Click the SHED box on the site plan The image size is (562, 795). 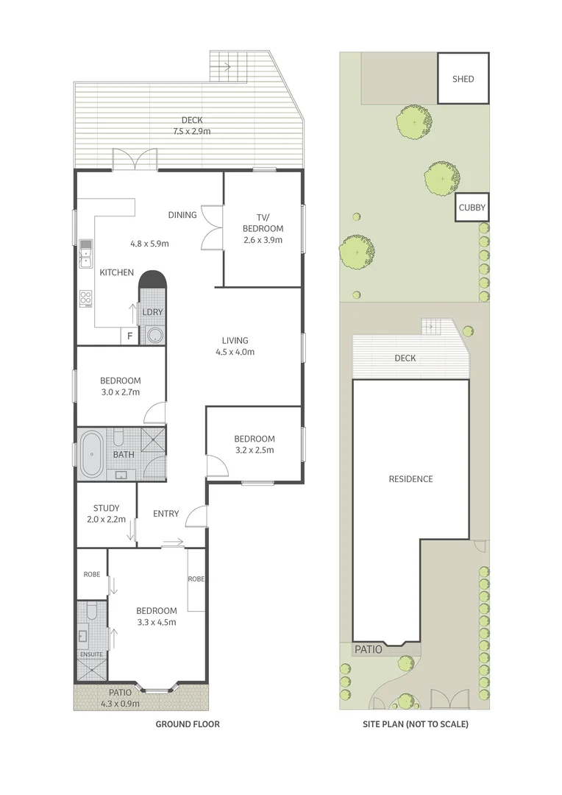point(463,78)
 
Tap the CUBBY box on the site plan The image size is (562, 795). point(472,208)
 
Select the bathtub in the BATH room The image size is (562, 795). point(92,454)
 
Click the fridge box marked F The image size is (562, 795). point(130,336)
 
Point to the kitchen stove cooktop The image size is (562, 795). point(85,298)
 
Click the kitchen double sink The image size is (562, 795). point(85,252)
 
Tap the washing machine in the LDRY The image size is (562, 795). point(154,336)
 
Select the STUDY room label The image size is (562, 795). point(107,508)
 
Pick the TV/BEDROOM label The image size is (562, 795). point(263,222)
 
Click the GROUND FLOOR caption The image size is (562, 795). point(187,724)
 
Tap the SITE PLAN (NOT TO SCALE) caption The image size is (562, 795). point(415,724)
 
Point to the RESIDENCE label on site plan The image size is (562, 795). point(410,479)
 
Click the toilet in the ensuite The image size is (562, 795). point(92,612)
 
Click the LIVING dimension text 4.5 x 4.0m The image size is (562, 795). point(235,352)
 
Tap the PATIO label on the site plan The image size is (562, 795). point(369,650)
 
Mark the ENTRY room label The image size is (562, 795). point(166,514)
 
